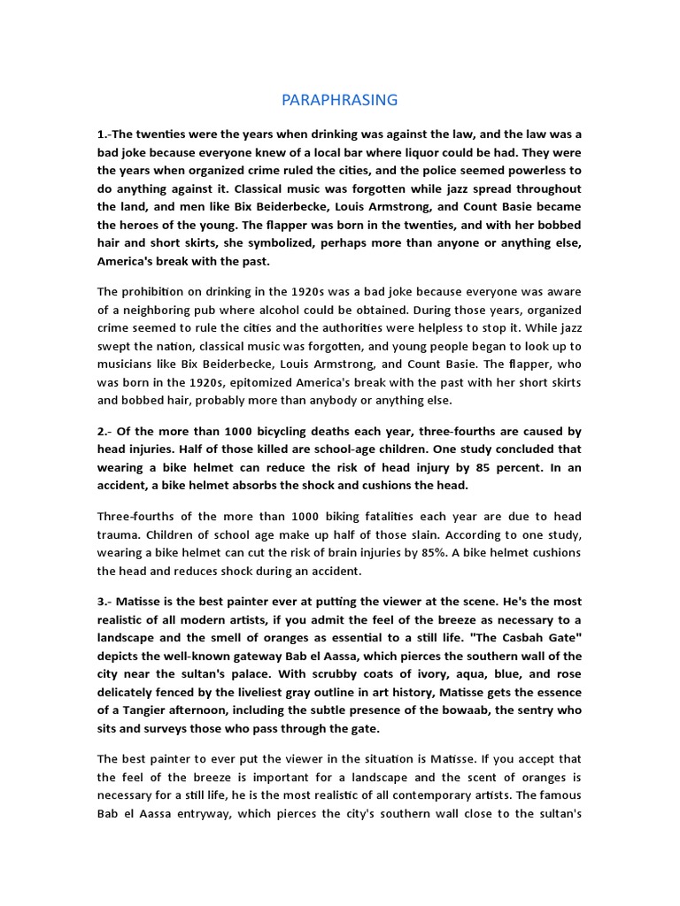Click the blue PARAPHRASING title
(x=339, y=100)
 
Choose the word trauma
(x=118, y=535)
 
